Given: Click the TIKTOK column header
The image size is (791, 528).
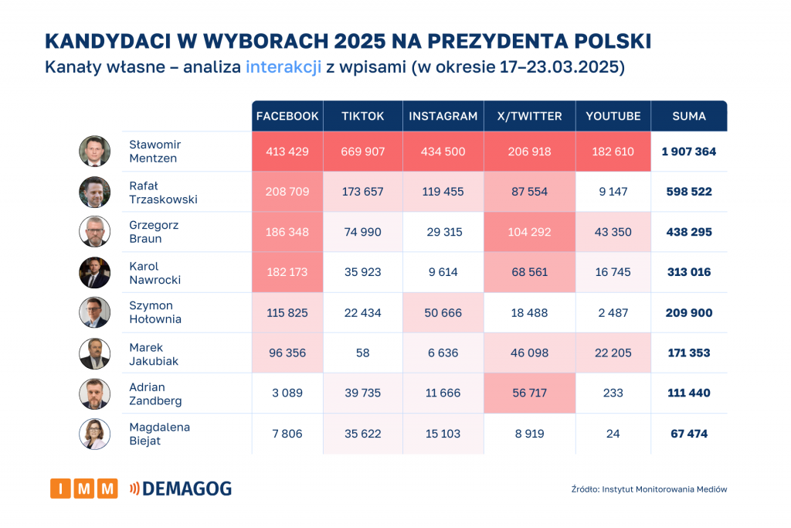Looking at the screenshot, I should (x=362, y=116).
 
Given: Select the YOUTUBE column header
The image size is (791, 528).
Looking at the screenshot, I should (x=613, y=116).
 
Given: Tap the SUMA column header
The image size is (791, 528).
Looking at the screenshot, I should (x=689, y=116).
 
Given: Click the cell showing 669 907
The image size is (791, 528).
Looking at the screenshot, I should (x=362, y=152).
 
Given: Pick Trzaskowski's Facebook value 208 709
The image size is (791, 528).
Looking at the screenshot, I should (x=287, y=191).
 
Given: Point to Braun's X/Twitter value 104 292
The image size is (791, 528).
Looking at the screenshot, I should (x=529, y=232).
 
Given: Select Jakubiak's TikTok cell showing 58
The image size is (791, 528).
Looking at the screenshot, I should (x=362, y=353).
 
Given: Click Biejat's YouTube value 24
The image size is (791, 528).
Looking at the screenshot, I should (x=613, y=434).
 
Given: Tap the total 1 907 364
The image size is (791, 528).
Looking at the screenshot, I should (x=689, y=152).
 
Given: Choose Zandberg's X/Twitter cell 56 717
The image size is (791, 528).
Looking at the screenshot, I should (x=529, y=393).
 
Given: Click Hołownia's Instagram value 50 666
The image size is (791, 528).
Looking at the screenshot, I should (x=443, y=312).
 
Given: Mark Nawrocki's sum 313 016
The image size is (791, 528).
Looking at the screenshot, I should (x=689, y=272).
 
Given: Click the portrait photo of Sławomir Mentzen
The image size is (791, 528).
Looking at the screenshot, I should (x=94, y=152).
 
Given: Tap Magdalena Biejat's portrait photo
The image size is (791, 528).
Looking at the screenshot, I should (x=94, y=434).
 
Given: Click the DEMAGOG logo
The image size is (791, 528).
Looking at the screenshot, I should (x=181, y=488).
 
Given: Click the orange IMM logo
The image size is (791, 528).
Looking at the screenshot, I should (x=83, y=488).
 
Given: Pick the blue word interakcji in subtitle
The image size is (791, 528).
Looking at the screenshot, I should (x=283, y=67).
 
